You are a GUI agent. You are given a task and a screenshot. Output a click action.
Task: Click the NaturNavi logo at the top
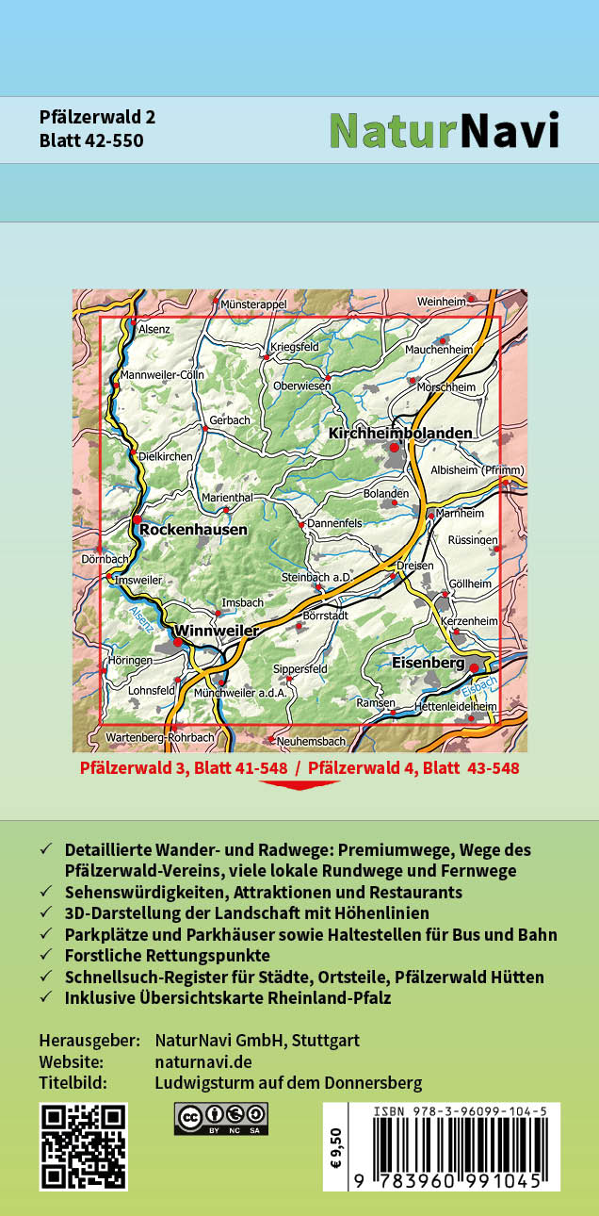coord(444,131)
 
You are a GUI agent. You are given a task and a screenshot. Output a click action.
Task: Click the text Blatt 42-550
coord(91,140)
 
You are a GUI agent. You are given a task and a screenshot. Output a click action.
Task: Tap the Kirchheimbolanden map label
coord(400,433)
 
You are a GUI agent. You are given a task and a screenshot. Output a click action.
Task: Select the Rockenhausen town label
coord(193,530)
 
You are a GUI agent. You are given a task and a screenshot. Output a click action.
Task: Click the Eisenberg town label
coord(428,664)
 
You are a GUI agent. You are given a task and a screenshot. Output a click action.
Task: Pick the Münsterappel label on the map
coord(252,305)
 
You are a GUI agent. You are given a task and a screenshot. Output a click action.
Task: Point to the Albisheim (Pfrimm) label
coord(477,469)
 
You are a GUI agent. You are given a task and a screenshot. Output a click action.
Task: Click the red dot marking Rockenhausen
coord(138,519)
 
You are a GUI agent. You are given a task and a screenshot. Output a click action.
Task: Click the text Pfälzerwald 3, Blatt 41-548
coord(184,768)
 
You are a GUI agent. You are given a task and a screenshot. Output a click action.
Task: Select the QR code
coord(83,1146)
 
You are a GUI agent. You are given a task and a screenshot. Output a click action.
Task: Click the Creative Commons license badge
coord(220,1118)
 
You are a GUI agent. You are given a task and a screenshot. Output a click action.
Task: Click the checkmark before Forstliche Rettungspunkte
coord(46,955)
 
